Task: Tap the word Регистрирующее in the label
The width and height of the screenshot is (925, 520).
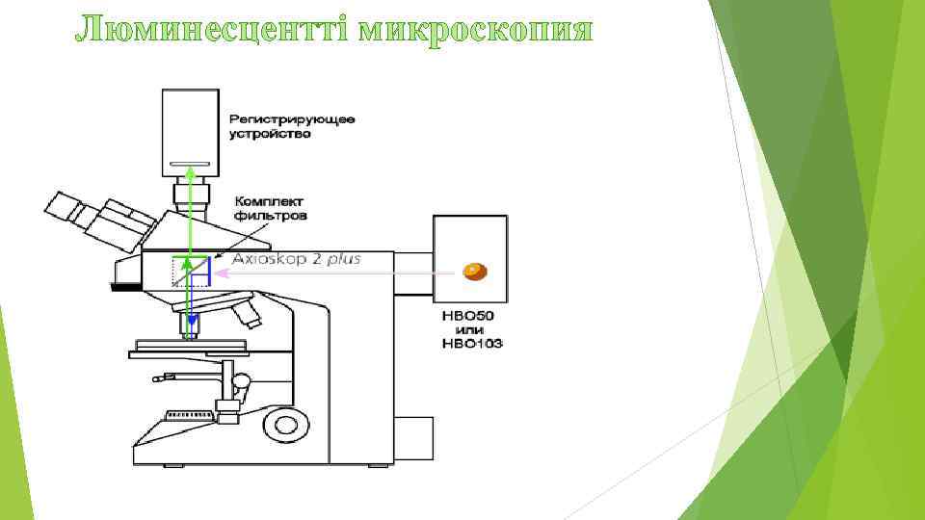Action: pos(291,119)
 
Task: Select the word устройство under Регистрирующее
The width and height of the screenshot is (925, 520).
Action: pos(270,134)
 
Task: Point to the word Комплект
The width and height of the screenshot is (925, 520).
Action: pos(269,201)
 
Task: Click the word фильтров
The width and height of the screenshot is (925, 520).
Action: pos(270,217)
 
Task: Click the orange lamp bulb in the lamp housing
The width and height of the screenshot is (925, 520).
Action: pos(474,272)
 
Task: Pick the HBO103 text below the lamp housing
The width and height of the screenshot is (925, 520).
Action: pos(471,343)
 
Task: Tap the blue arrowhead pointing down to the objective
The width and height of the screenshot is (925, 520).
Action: pos(191,320)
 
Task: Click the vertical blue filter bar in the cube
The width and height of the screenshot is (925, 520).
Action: pos(208,273)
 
